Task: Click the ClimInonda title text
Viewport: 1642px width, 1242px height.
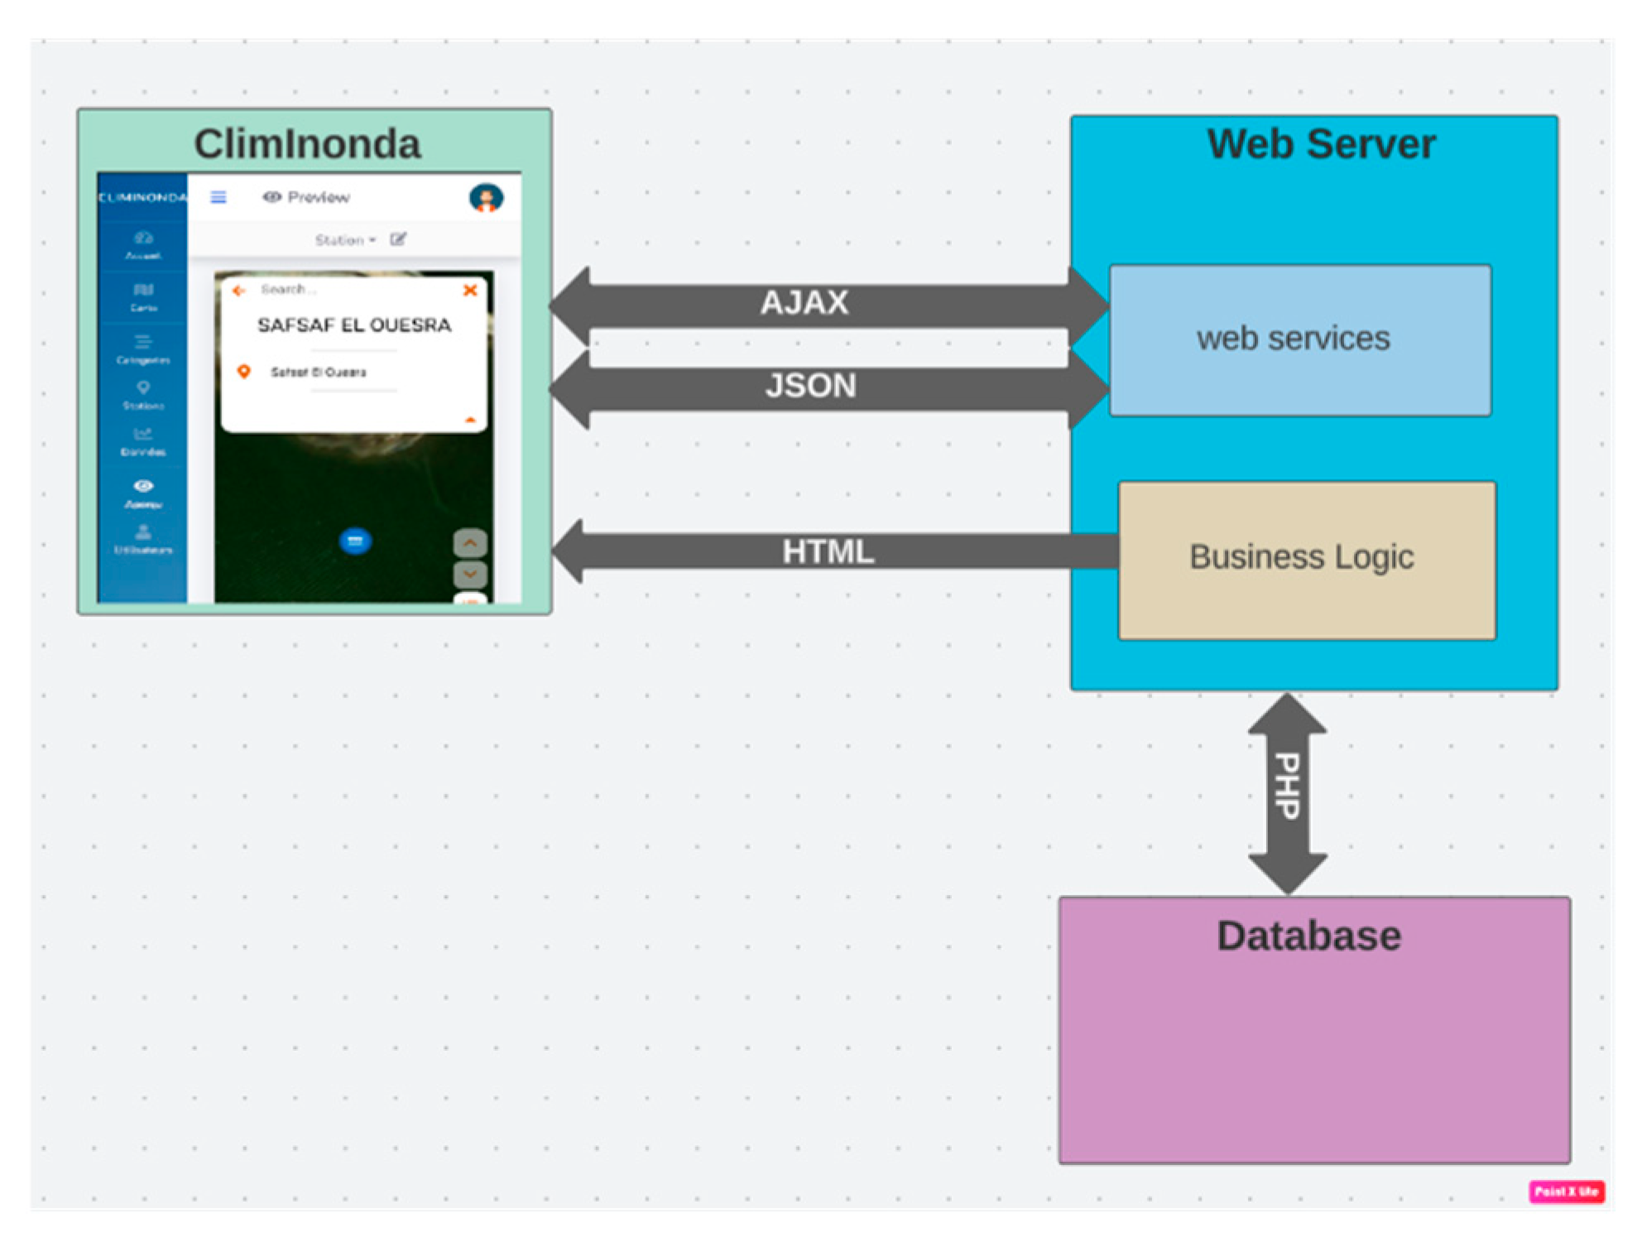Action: tap(307, 144)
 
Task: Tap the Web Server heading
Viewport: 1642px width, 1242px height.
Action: tap(1321, 144)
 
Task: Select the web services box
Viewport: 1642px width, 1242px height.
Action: tap(1299, 339)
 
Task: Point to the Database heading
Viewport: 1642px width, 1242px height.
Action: tap(1308, 936)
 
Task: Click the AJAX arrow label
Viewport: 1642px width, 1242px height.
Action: tap(804, 303)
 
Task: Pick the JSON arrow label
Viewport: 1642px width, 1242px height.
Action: tap(810, 386)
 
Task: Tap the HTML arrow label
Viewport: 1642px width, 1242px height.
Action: tap(828, 551)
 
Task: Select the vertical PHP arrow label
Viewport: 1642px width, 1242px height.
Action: tap(1287, 786)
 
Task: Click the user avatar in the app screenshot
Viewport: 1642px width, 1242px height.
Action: tap(486, 198)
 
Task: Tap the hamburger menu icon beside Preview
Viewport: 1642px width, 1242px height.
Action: tap(218, 197)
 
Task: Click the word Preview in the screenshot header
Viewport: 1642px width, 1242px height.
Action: tap(318, 197)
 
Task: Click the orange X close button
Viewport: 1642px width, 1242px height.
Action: tap(470, 291)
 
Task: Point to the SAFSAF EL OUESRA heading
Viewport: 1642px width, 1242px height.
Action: tap(354, 325)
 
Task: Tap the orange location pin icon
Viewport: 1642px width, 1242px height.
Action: tap(243, 372)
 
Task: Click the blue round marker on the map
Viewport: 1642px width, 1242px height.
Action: tap(355, 542)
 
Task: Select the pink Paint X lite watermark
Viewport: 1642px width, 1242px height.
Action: tap(1567, 1192)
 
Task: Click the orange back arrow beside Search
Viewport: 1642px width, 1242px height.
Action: tap(239, 291)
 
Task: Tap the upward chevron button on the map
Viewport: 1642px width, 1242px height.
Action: tap(470, 543)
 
